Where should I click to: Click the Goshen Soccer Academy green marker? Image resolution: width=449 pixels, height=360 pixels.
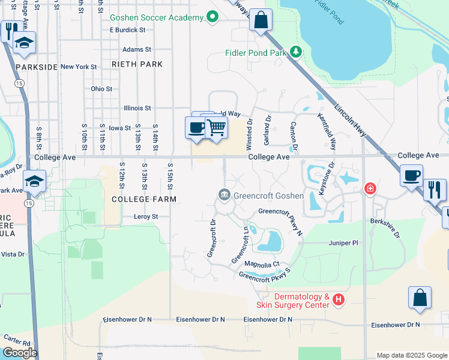[212, 18]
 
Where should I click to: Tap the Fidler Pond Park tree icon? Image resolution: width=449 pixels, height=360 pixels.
[296, 53]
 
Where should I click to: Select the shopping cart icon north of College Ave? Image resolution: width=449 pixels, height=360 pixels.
[215, 127]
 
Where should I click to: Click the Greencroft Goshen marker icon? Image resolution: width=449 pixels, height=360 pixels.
[224, 194]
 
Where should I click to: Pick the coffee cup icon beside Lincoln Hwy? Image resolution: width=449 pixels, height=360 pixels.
[412, 175]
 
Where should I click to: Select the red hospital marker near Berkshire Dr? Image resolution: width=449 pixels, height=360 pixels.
[371, 189]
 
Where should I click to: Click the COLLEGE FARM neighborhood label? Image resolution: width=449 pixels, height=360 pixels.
[144, 199]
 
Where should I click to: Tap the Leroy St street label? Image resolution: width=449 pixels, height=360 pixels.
[146, 217]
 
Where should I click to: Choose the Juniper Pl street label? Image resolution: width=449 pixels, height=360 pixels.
[343, 243]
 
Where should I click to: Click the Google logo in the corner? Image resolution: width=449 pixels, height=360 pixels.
[20, 353]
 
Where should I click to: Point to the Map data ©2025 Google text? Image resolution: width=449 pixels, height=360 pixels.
[411, 355]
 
